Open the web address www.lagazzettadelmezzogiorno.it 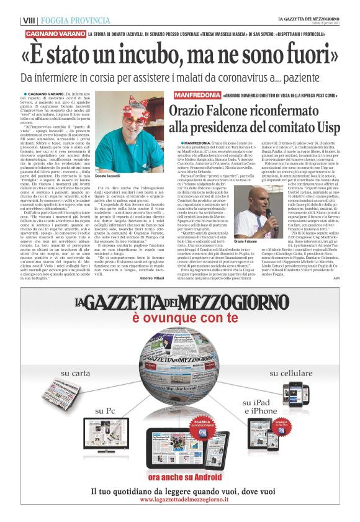[180, 500]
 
